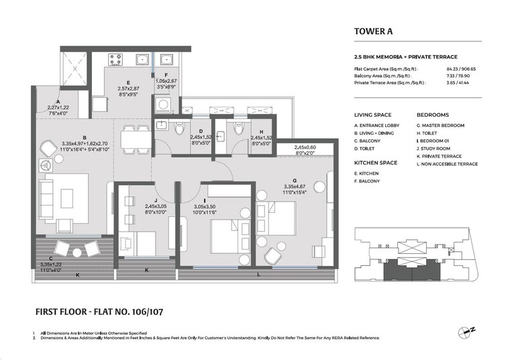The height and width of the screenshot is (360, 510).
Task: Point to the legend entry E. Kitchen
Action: coord(368,173)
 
